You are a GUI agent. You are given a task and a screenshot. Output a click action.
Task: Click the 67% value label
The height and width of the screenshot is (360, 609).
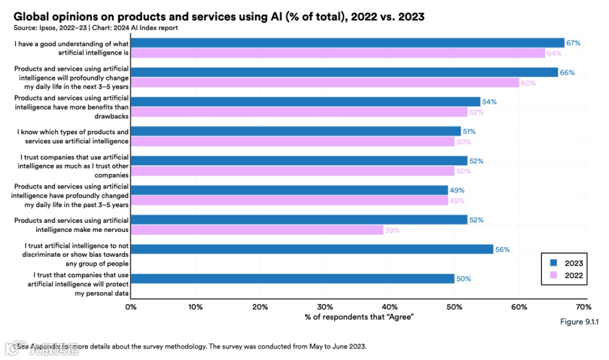pos(573,43)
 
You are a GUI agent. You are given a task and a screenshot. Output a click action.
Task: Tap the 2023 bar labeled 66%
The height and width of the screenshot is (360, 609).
pos(344,72)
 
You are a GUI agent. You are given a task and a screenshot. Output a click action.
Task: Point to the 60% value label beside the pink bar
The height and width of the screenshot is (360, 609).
pos(528,83)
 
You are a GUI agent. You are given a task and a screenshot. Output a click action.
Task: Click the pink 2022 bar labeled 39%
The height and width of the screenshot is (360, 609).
pos(257,230)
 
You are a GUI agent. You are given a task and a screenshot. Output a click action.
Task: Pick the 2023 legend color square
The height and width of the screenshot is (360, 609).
pos(554,263)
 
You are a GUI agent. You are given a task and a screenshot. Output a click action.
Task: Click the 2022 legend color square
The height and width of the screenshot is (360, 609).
pos(554,276)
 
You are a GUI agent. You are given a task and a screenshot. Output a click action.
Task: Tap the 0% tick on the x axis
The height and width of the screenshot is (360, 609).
pos(131,307)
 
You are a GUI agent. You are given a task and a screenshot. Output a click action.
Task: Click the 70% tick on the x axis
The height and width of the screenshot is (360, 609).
pos(583,307)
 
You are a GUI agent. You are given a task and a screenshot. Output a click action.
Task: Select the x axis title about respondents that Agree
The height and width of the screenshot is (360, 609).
pos(359,317)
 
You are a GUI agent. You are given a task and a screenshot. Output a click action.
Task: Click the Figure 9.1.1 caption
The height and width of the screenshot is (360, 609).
pos(579,322)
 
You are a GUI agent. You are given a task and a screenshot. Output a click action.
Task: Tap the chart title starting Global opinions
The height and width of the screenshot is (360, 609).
pos(219,17)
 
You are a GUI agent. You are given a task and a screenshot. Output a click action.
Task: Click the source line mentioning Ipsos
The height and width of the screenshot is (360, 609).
pos(96,28)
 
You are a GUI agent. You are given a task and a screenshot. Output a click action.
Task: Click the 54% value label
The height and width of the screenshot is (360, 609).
pos(489,102)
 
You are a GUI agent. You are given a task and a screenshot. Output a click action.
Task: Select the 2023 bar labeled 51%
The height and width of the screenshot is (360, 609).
pos(295,131)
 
